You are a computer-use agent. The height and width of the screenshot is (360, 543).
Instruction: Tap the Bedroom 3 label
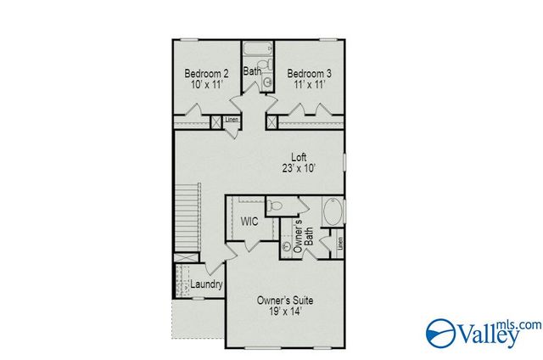point(309,74)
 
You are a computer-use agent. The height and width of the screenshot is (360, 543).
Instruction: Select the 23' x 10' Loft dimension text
point(298,168)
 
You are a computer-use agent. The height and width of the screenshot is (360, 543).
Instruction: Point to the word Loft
point(298,157)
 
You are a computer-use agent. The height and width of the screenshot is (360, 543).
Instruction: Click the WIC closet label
point(249,222)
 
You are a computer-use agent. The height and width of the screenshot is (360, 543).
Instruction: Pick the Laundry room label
point(206,284)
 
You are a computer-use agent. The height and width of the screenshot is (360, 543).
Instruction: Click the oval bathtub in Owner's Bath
point(333,211)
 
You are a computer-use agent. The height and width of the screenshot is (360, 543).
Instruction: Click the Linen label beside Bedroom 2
point(232,120)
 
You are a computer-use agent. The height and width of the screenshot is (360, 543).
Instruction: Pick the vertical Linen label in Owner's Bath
point(339,243)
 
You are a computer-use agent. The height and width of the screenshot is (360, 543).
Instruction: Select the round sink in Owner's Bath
point(286,247)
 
